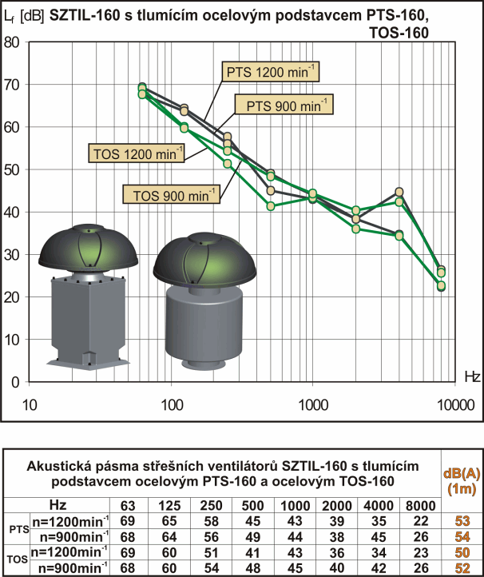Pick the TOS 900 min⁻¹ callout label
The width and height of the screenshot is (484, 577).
point(170,193)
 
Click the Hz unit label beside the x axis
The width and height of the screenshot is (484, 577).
point(471,375)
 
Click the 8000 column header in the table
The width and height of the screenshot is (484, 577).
point(420,506)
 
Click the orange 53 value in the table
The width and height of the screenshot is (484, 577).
point(461,520)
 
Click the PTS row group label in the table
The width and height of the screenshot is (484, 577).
point(16,527)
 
